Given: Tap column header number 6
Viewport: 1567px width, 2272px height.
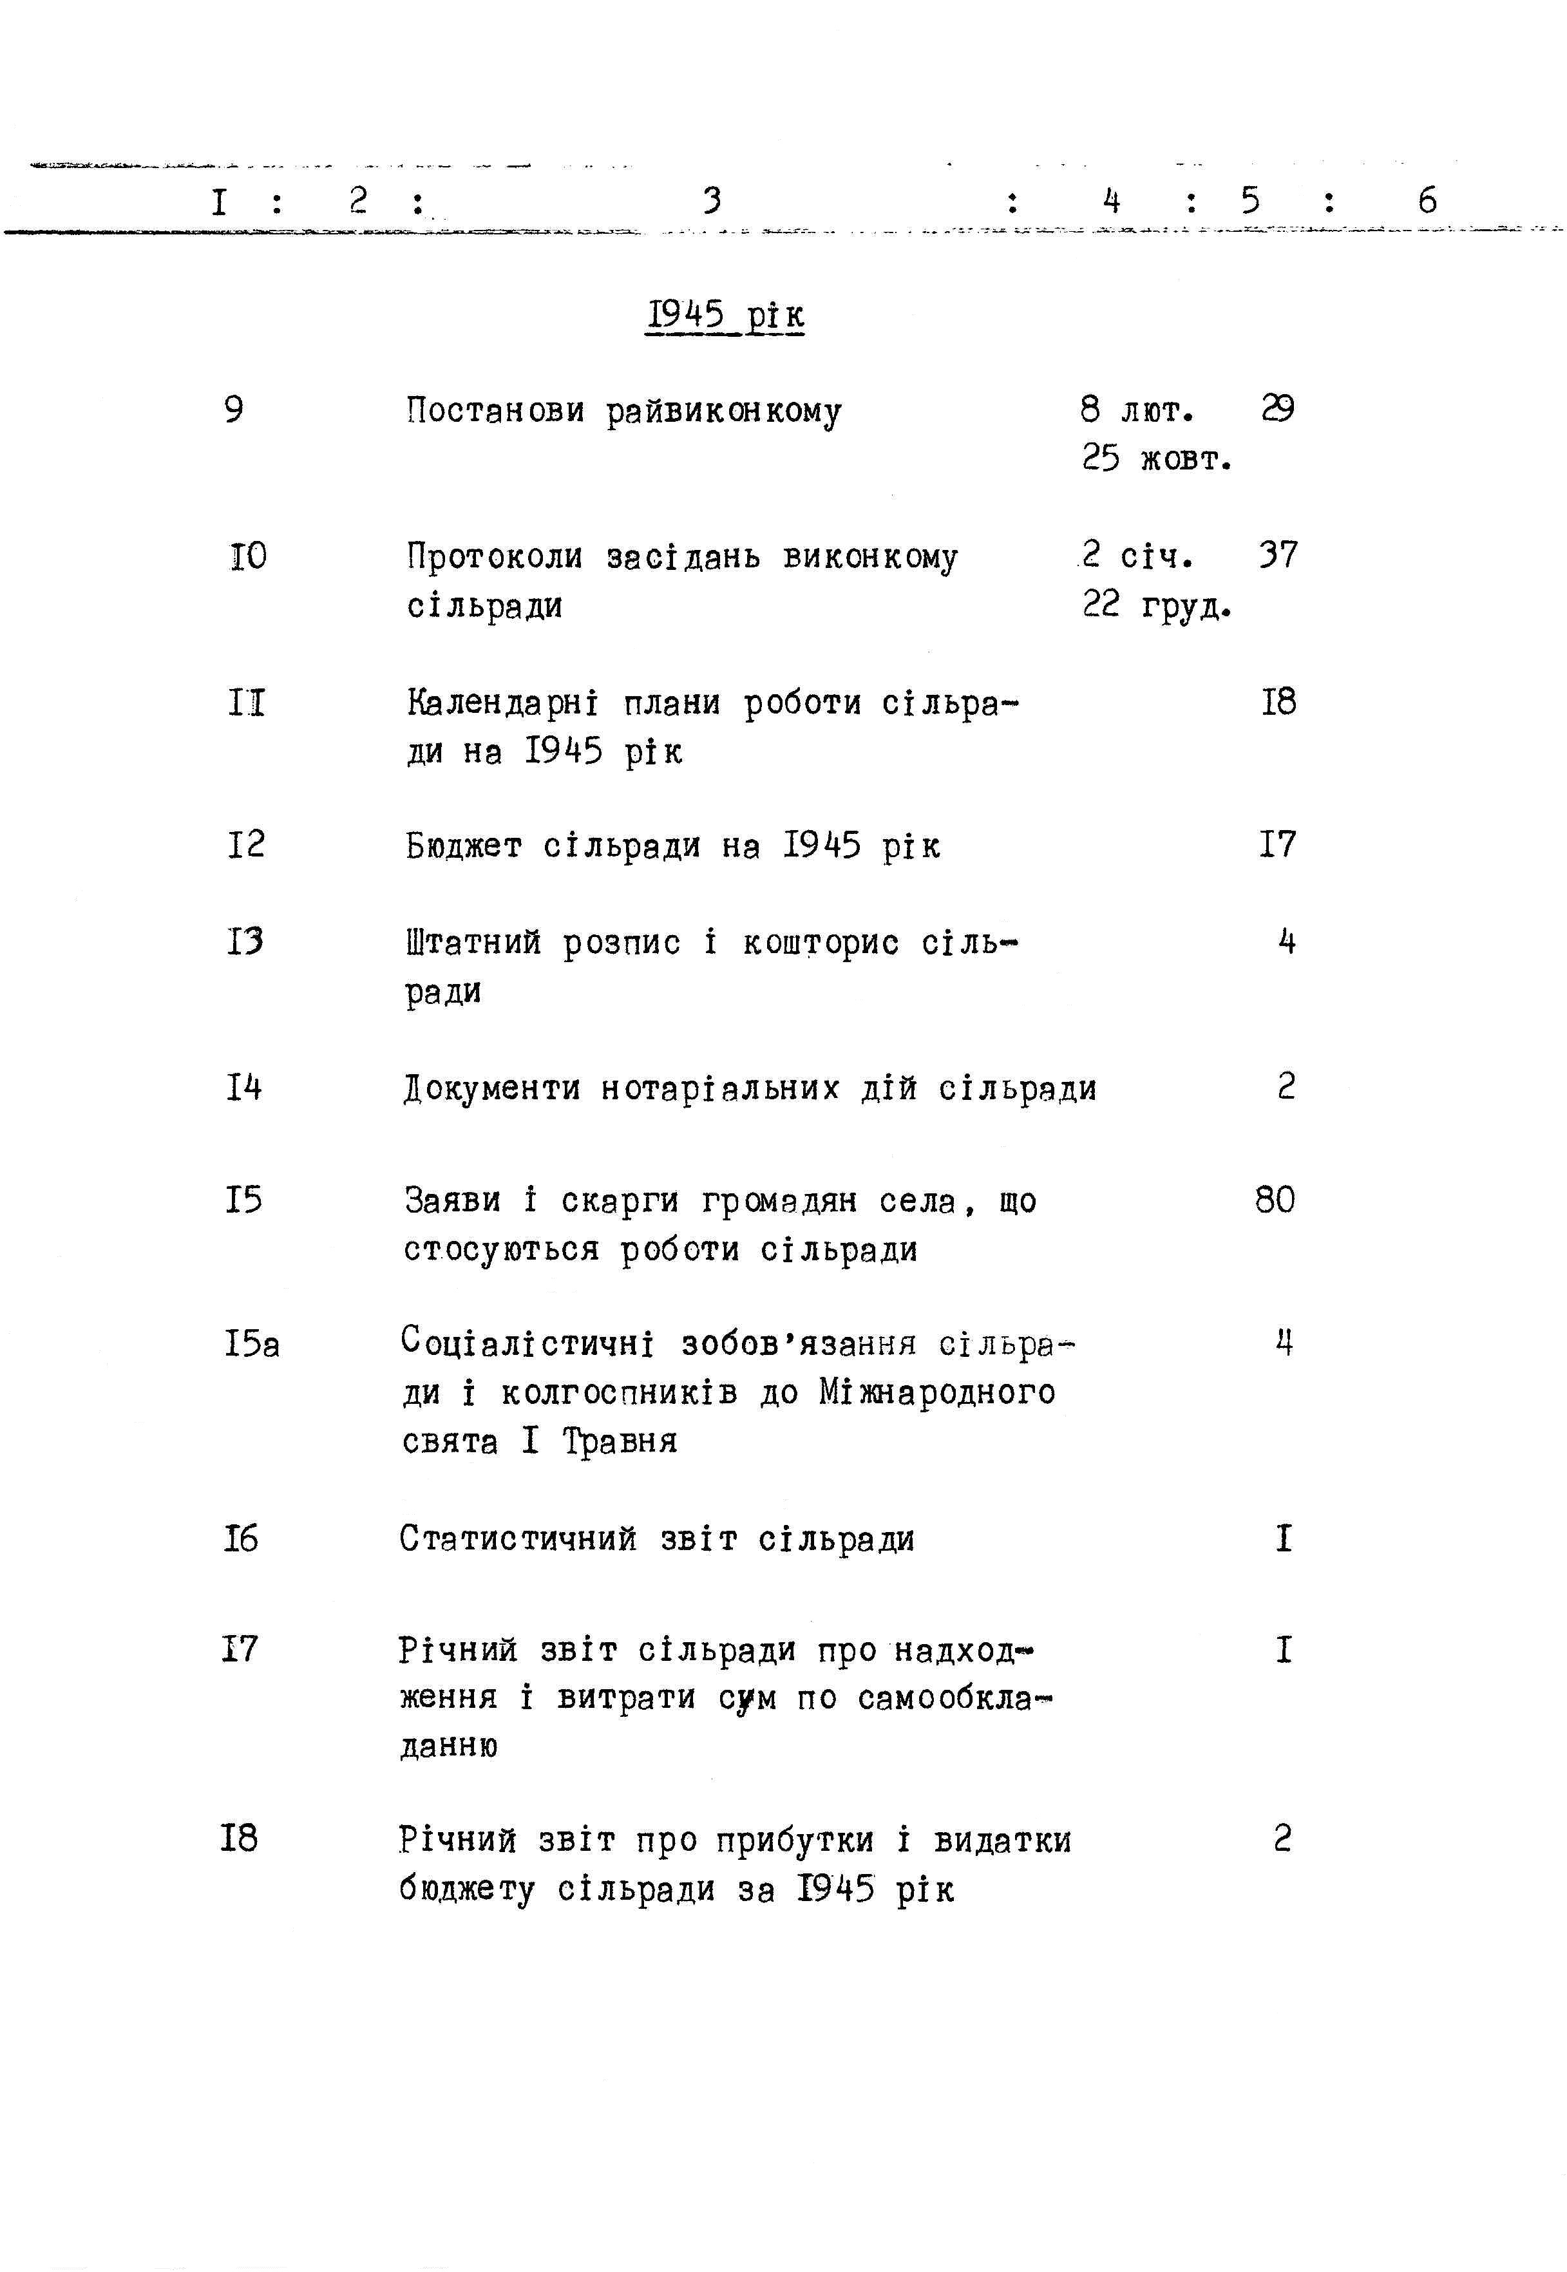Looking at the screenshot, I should coord(1427,201).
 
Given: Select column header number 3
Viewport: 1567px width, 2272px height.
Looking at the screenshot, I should coord(712,201).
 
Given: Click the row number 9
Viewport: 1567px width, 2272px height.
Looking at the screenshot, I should coord(234,409).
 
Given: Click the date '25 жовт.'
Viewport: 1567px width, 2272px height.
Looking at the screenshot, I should coord(1157,459).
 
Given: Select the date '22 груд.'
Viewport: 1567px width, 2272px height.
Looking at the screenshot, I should coord(1157,605).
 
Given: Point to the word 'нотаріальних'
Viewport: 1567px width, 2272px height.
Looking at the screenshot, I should coord(719,1088).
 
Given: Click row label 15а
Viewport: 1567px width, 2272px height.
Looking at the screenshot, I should coord(251,1343).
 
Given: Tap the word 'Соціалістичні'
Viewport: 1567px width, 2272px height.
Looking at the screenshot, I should coord(527,1343).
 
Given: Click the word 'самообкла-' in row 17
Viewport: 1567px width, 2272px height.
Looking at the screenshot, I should coord(953,1697).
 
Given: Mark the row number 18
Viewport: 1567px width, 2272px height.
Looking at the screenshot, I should coord(238,1837).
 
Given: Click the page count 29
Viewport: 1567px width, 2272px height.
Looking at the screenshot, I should coord(1277,408).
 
